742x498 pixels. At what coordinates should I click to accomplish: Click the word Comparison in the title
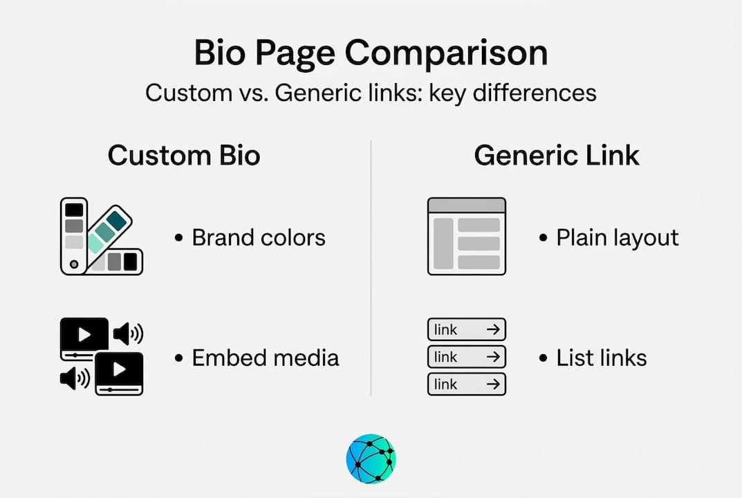tap(446, 53)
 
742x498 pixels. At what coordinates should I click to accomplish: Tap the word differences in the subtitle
tap(535, 92)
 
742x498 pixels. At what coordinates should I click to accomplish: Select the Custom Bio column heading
tap(184, 155)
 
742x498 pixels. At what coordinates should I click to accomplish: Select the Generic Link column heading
tap(557, 155)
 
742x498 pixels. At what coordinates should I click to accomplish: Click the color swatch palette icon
tap(102, 237)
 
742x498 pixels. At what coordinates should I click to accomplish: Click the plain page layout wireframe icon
tap(467, 237)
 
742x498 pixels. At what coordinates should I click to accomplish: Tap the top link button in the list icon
tap(467, 329)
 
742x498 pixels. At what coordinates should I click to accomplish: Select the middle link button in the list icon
tap(467, 356)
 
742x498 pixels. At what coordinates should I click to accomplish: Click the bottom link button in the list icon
tap(467, 384)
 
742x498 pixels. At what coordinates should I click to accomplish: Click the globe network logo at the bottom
tap(371, 459)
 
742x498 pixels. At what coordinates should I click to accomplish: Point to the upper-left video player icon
tap(84, 338)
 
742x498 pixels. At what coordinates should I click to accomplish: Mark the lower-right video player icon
tap(119, 373)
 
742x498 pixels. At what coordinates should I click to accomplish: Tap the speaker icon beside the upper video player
tap(128, 334)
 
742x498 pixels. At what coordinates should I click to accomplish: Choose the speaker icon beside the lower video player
tap(75, 378)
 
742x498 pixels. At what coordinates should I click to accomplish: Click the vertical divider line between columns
tap(371, 268)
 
